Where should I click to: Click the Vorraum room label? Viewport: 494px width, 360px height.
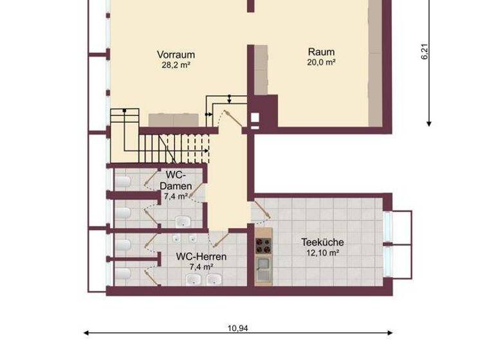(x=176, y=55)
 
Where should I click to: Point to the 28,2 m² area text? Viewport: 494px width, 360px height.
(x=176, y=65)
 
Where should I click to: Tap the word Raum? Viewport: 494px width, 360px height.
(x=321, y=52)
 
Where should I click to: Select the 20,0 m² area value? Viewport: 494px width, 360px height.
(x=321, y=62)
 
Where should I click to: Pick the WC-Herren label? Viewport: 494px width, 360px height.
(x=201, y=256)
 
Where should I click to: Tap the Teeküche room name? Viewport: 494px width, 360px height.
(x=322, y=242)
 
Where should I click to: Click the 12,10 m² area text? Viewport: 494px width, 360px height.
(x=322, y=253)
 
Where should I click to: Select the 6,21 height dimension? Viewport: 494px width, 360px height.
(x=424, y=52)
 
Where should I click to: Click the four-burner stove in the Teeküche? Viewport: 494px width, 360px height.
(x=262, y=244)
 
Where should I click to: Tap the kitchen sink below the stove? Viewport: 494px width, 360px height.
(x=262, y=266)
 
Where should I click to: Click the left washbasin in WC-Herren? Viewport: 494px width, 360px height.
(x=194, y=279)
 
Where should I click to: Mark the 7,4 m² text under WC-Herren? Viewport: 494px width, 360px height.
(x=201, y=266)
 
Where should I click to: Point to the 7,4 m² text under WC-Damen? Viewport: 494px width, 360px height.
(x=174, y=197)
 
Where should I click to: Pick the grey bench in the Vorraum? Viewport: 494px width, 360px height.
(x=174, y=120)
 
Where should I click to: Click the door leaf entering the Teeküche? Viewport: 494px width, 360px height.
(x=261, y=207)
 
